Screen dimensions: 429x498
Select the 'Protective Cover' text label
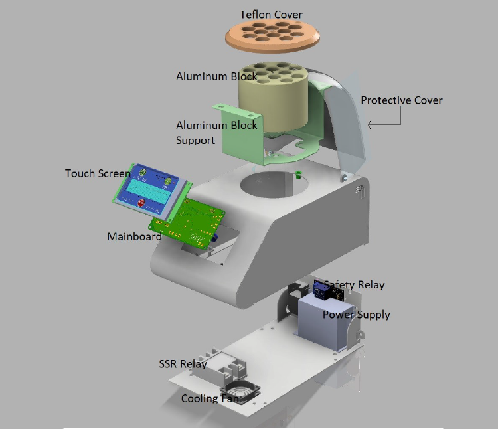pos(401,100)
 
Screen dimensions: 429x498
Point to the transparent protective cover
pos(345,126)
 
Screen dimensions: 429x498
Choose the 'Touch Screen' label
pos(98,173)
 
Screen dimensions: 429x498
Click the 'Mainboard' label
pos(134,236)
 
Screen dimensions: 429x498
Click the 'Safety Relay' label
pos(354,285)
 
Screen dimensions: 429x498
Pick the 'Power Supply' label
pos(356,315)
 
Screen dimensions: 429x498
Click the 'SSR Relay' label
pos(183,364)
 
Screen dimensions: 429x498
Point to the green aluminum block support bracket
pos(232,139)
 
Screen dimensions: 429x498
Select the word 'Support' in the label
pos(195,141)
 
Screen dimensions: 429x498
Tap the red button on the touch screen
pos(141,203)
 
